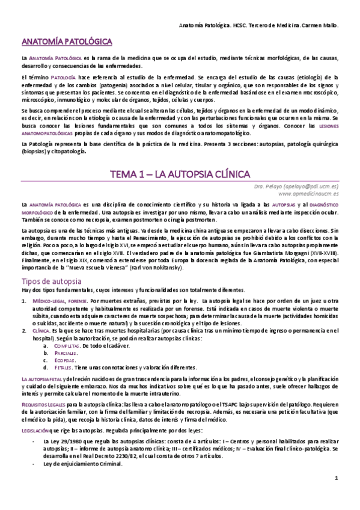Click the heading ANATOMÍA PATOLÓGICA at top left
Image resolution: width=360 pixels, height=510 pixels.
tap(67, 43)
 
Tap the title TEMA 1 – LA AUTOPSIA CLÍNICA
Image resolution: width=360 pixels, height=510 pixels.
tap(180, 174)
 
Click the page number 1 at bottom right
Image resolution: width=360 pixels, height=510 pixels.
tap(337, 494)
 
